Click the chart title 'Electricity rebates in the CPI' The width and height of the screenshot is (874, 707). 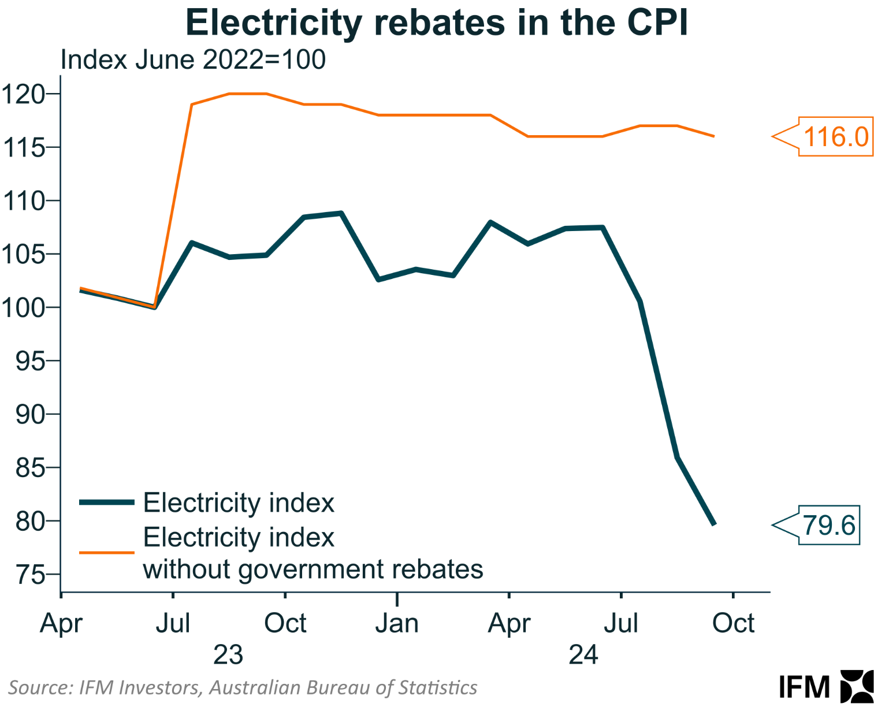point(437,23)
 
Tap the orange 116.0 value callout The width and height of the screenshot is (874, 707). point(835,137)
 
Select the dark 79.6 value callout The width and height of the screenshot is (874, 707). point(828,525)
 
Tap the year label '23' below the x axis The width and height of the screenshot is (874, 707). point(228,655)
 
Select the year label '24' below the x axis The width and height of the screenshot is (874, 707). point(583,655)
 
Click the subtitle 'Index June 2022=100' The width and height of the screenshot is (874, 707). point(193,60)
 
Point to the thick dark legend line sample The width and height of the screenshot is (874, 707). point(107,502)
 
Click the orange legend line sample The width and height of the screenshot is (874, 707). point(107,552)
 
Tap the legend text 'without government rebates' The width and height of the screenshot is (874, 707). point(313,570)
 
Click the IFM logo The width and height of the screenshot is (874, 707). point(826,687)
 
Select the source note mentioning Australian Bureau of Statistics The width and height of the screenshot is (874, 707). point(243,687)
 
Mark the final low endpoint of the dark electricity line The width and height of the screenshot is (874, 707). point(714,524)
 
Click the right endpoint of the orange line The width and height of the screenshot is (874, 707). point(714,136)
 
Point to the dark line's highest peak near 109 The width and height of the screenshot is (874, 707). point(341,213)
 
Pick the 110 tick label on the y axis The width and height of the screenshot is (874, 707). point(23,201)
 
